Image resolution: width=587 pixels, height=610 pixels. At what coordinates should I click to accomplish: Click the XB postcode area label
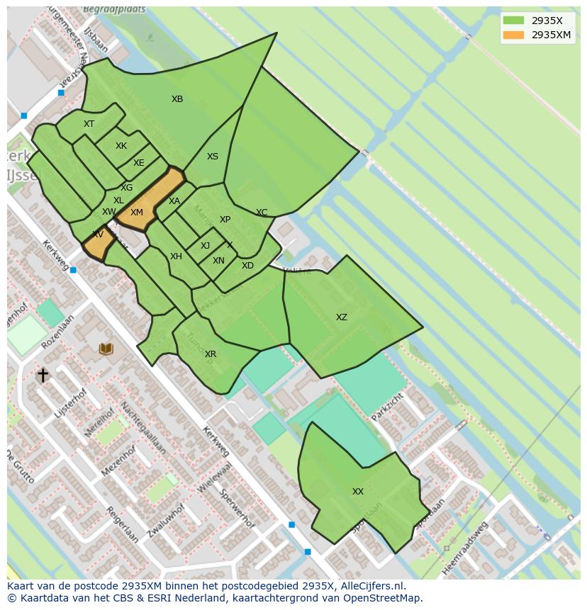click(x=177, y=99)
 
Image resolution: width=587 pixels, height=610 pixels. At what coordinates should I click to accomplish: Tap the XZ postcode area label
click(x=342, y=317)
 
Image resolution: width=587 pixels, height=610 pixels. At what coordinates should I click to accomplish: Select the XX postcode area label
click(x=358, y=492)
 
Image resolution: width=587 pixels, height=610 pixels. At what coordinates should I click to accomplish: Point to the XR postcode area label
click(x=211, y=354)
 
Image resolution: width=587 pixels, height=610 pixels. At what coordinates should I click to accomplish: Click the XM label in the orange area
click(x=137, y=213)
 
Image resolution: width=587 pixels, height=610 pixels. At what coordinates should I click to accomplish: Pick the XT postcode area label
click(x=89, y=124)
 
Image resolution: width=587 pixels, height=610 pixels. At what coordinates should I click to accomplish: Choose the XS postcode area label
click(x=213, y=157)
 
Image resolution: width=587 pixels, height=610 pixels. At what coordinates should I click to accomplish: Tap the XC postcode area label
click(x=262, y=213)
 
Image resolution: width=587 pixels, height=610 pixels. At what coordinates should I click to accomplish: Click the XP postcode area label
click(x=225, y=220)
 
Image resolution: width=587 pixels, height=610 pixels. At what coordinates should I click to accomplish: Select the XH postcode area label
click(x=176, y=256)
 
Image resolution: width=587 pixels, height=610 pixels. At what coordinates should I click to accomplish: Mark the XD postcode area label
click(x=247, y=266)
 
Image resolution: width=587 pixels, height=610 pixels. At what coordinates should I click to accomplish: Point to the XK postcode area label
click(x=121, y=146)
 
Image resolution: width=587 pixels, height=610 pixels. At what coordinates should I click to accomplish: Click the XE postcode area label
click(x=139, y=163)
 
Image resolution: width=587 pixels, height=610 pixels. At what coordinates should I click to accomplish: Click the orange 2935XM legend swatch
click(x=513, y=35)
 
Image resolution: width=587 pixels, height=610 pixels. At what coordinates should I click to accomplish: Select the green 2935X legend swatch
click(x=513, y=21)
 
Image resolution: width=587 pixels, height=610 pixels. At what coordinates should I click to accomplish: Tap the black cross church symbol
click(x=43, y=375)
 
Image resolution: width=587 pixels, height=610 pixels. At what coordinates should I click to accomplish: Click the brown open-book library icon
click(x=106, y=349)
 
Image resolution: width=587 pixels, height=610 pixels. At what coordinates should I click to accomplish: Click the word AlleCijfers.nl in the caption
click(x=371, y=586)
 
